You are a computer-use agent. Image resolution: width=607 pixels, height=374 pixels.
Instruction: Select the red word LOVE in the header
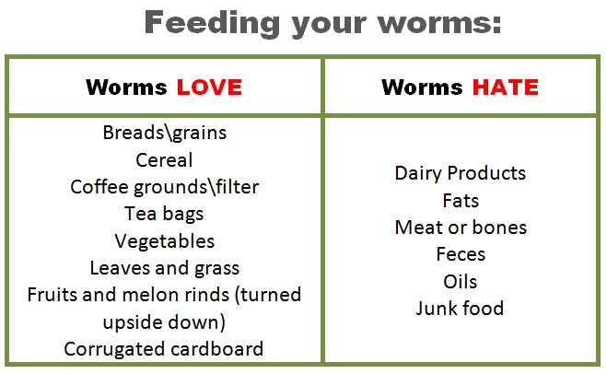(x=209, y=88)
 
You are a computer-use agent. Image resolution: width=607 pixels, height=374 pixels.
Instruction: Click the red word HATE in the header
(x=506, y=88)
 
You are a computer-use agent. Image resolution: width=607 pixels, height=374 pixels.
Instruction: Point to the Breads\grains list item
(x=164, y=133)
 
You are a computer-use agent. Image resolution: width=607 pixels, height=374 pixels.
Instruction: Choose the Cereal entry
(x=164, y=159)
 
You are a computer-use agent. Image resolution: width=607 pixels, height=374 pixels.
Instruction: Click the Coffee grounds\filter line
(x=164, y=187)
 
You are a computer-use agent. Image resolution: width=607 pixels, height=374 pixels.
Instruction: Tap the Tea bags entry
(x=164, y=214)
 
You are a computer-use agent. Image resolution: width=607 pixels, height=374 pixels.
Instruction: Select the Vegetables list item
(x=164, y=241)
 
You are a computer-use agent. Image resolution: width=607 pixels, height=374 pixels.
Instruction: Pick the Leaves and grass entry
(x=164, y=268)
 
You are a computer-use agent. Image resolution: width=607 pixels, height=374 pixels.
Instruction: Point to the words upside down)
(x=164, y=323)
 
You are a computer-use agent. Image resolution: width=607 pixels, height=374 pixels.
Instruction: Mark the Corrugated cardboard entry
(x=164, y=349)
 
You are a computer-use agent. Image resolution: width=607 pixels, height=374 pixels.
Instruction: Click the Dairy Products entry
(x=460, y=173)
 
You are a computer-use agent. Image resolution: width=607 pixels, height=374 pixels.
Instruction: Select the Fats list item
(x=460, y=200)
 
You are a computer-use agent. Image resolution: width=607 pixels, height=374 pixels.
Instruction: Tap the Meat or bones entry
(x=460, y=228)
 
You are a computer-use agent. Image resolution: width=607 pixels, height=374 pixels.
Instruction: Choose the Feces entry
(x=460, y=254)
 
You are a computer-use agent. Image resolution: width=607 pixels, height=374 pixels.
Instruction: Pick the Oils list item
(x=460, y=281)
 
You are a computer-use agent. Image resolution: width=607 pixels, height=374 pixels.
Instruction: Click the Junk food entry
(x=460, y=308)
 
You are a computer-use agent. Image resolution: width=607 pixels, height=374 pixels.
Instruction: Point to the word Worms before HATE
(x=423, y=88)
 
